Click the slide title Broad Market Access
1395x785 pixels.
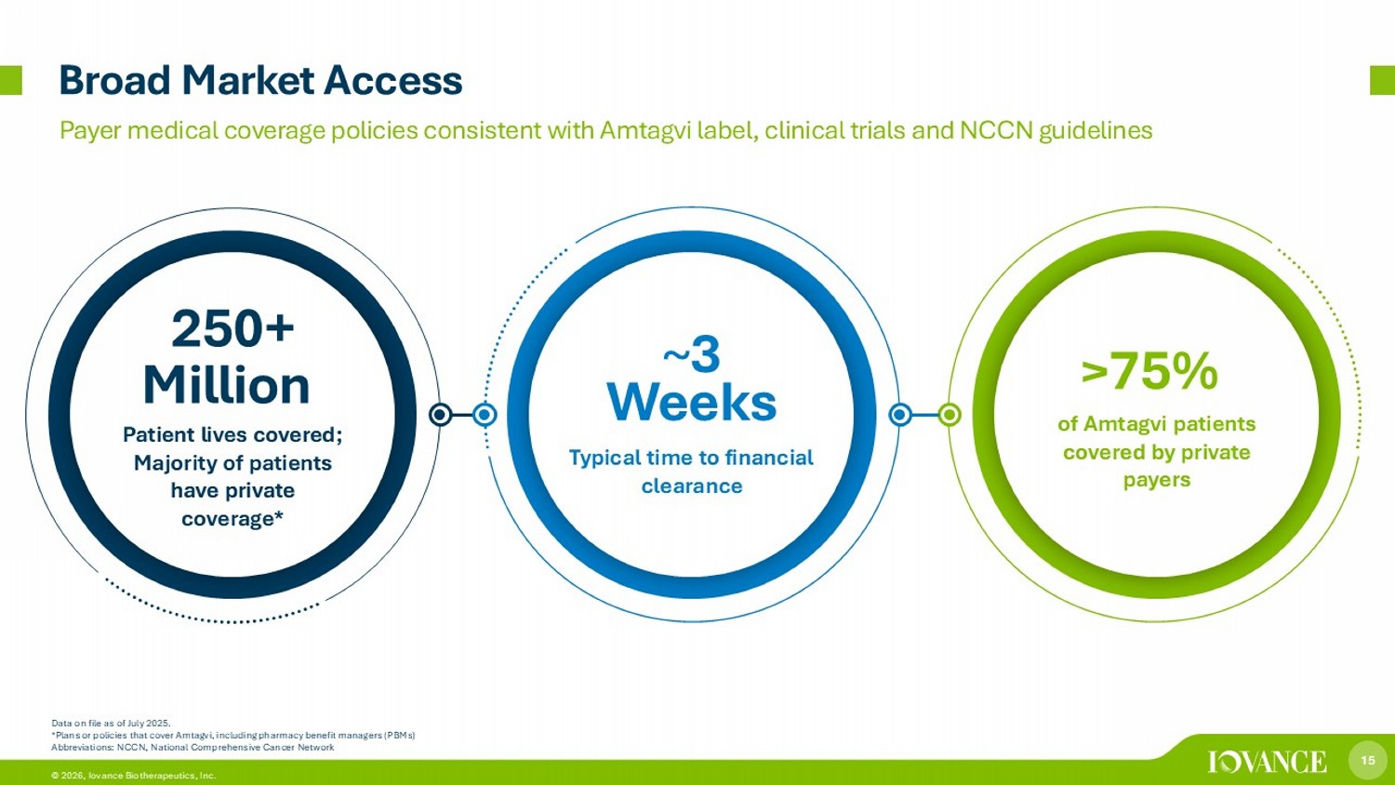tap(261, 81)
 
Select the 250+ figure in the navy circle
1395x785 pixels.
tap(232, 328)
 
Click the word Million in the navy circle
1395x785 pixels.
tap(227, 386)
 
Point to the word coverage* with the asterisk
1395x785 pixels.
tap(232, 518)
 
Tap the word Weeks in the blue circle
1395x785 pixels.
tap(692, 403)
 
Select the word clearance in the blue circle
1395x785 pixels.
tap(692, 486)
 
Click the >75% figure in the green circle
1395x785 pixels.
tap(1149, 371)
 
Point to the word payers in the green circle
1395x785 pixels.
tap(1157, 480)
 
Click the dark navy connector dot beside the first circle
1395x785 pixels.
tap(440, 414)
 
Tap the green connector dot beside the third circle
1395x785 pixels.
tap(950, 414)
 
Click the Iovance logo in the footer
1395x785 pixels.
tap(1268, 762)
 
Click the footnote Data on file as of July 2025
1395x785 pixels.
tap(111, 724)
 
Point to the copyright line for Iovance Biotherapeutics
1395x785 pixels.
tap(133, 776)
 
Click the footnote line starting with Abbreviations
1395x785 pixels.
tap(193, 747)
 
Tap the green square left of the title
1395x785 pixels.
tap(10, 80)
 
